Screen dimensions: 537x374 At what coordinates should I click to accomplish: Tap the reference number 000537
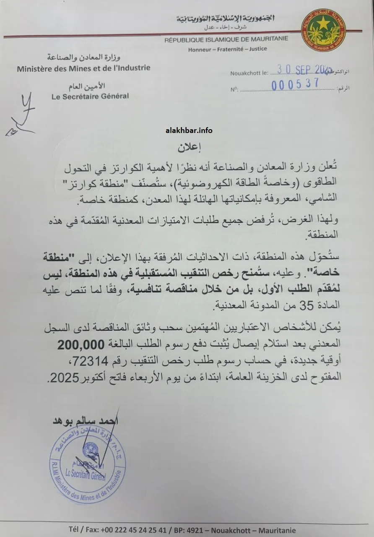(x=295, y=84)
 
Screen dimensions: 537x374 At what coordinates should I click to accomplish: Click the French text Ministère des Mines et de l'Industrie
(x=83, y=68)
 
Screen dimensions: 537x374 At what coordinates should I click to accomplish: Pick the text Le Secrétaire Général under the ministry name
(x=90, y=96)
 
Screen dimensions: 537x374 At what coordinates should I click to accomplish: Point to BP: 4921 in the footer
(x=207, y=529)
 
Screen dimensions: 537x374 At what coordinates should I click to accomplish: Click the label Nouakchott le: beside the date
(x=249, y=73)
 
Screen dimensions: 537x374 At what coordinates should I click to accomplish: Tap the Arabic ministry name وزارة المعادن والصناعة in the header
(x=78, y=57)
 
